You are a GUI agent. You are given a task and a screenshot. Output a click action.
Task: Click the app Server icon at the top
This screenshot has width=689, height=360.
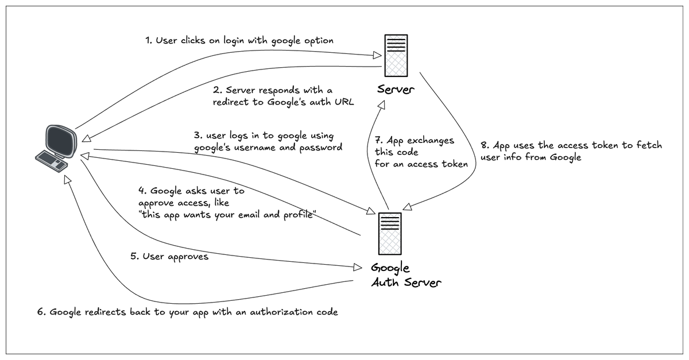coord(396,56)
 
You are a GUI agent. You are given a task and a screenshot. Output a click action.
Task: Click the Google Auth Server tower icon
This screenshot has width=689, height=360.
coord(390,234)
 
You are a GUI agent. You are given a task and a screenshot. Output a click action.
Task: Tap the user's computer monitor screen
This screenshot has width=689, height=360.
coord(61,141)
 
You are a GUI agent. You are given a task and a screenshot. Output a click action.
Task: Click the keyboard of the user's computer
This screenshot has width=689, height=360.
coord(51,161)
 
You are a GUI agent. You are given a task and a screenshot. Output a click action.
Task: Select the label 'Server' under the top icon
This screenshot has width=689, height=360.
coord(396,89)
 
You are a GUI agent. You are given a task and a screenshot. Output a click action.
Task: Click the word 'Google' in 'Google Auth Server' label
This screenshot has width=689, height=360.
coord(390,268)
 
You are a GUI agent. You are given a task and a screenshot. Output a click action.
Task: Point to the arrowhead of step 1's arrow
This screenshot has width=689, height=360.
coord(377,55)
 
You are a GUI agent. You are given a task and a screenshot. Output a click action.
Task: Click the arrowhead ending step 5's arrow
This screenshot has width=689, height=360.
coord(358,267)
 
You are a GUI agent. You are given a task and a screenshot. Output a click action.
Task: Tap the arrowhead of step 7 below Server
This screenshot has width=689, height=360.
coord(381,105)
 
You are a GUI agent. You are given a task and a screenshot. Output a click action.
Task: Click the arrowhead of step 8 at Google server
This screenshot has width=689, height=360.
coord(407,207)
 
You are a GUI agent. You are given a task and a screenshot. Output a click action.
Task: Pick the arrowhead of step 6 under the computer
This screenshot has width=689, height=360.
coord(67,180)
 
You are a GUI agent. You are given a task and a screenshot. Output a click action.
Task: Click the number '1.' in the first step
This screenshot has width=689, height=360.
coord(149,40)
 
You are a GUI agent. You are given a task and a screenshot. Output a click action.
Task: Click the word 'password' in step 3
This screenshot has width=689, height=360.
coord(320,148)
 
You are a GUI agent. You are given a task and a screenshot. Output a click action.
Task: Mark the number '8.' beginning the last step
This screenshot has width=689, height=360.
coord(485,145)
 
